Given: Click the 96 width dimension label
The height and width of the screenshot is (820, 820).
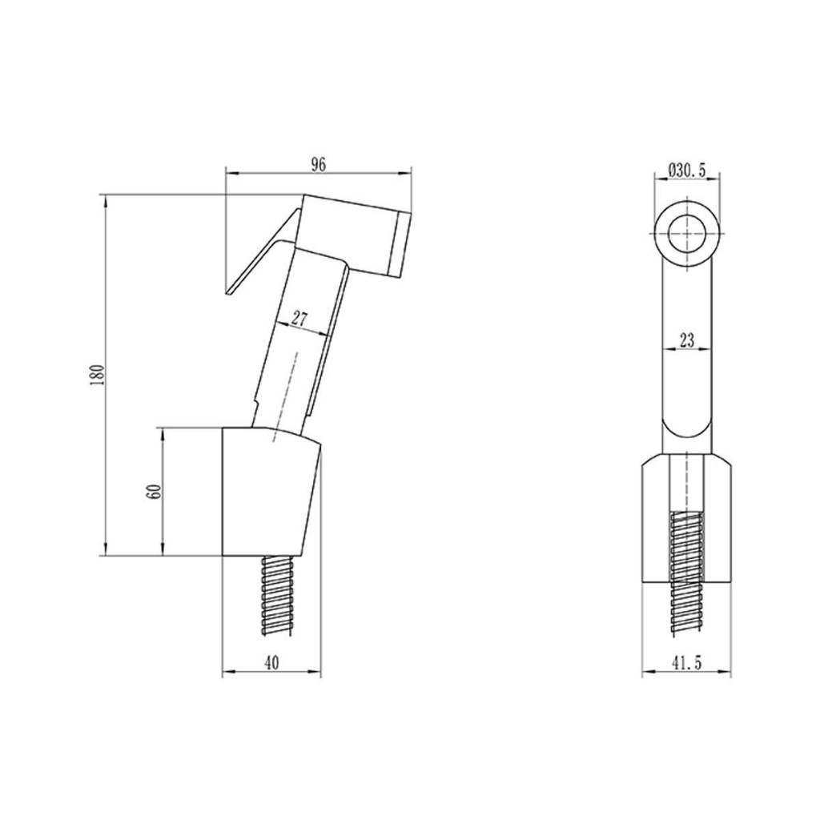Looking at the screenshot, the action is pyautogui.click(x=319, y=165).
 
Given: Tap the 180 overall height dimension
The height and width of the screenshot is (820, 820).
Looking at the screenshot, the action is pyautogui.click(x=98, y=375).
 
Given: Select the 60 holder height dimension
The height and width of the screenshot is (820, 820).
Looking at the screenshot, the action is pyautogui.click(x=155, y=492).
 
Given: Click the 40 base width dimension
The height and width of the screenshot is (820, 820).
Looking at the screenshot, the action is pyautogui.click(x=271, y=663).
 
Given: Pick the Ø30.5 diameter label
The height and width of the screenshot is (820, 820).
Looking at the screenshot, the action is pyautogui.click(x=687, y=170).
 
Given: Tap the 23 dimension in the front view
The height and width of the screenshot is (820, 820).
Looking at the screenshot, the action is pyautogui.click(x=687, y=340).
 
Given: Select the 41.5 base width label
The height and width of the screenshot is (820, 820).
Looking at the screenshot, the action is pyautogui.click(x=686, y=663).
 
